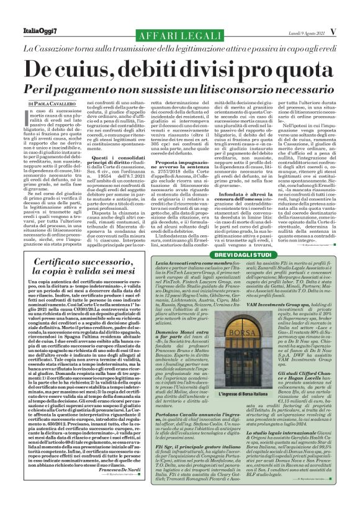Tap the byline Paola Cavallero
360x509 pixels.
[x=50, y=104]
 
